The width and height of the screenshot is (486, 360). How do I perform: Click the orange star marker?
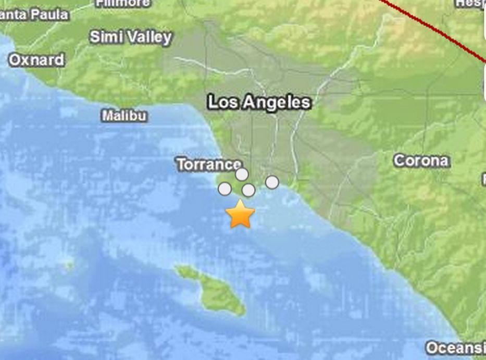(x=240, y=215)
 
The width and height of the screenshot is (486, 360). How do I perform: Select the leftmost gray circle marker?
(x=225, y=189)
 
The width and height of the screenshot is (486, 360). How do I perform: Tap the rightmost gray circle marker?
(x=272, y=182)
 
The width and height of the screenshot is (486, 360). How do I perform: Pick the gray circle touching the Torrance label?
(x=242, y=174)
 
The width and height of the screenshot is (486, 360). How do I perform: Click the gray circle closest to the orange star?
(x=248, y=190)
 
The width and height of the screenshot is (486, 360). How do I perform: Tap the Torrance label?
(x=208, y=165)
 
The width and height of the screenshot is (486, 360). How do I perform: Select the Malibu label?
(x=124, y=116)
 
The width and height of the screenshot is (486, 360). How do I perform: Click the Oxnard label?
(x=36, y=60)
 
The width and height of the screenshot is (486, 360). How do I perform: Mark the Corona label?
(x=421, y=160)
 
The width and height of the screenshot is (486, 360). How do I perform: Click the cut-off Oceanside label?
(x=455, y=347)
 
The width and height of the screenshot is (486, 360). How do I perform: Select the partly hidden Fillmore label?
(x=123, y=3)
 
